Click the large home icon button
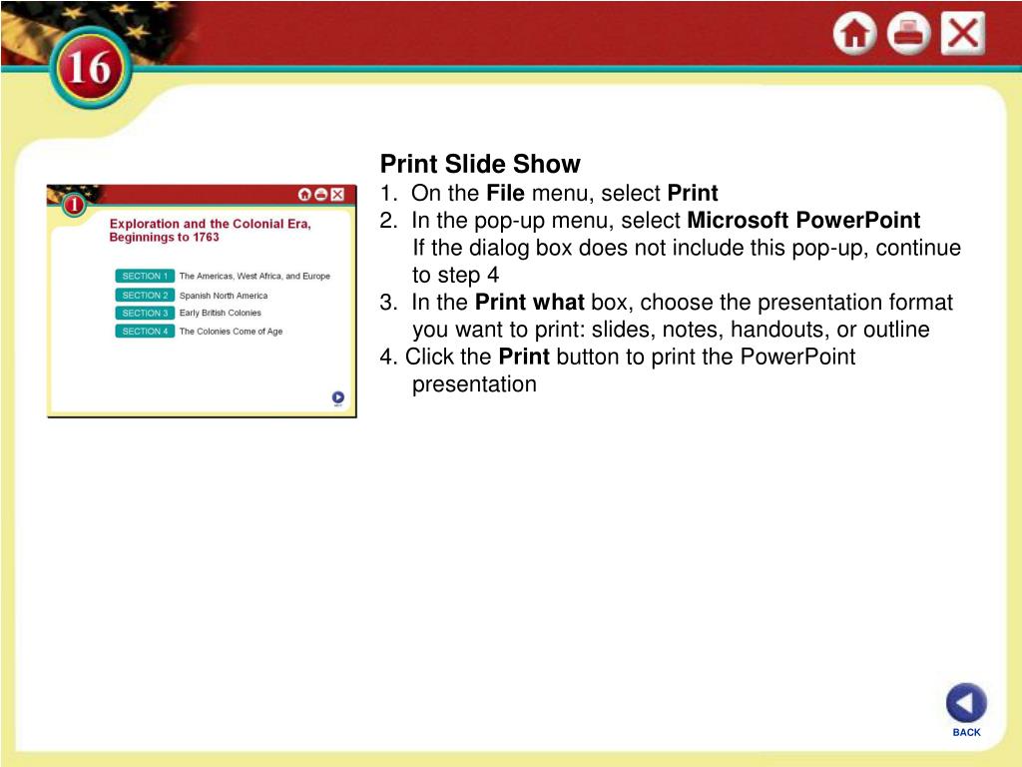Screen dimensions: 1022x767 coord(854,33)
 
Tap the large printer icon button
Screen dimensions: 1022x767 coord(908,33)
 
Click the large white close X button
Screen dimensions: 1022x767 coord(963,33)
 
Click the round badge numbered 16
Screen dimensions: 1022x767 coord(90,68)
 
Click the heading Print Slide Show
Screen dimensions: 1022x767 coord(480,164)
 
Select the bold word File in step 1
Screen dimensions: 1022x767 coord(505,193)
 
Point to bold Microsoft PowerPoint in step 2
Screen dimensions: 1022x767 coord(803,221)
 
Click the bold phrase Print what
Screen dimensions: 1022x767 coord(529,303)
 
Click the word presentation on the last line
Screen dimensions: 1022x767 coord(474,384)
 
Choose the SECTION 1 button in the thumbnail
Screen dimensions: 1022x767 coord(145,276)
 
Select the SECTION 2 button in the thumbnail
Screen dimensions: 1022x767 coord(145,295)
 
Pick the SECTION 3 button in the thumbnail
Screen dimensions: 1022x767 coord(145,313)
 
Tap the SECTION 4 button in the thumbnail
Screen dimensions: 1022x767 coord(145,332)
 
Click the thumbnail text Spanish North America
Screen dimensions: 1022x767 coord(224,296)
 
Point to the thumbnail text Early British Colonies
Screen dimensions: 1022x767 coord(221,313)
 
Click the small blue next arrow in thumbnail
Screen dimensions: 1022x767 coord(337,397)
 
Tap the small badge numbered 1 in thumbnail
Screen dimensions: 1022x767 coord(74,205)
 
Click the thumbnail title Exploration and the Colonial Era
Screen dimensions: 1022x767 coord(211,224)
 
